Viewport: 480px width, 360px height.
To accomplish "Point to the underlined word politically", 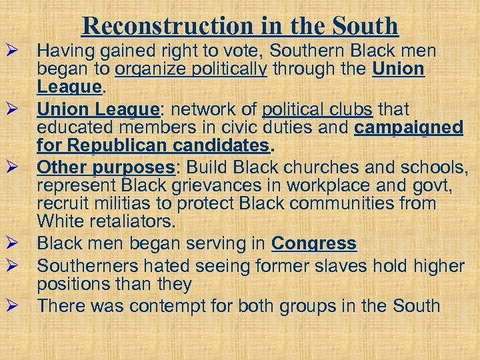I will click(x=225, y=69).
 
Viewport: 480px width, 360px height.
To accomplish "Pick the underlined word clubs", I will click(x=351, y=108).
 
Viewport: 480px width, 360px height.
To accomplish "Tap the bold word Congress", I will click(x=314, y=244).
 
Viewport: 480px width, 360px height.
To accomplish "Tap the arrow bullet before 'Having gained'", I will click(x=11, y=51).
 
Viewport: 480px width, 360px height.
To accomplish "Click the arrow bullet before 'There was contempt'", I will click(x=11, y=307).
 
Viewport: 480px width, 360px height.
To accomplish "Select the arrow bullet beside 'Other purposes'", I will click(x=11, y=166).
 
